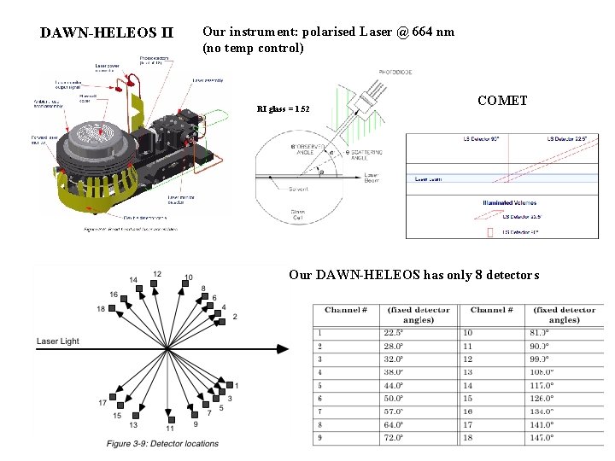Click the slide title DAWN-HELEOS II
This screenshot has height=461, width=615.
[x=107, y=33]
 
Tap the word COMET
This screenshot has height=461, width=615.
[x=502, y=101]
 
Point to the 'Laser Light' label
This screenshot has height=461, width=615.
[x=58, y=341]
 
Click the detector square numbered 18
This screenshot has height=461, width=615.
[x=114, y=308]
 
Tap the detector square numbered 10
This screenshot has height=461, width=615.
[x=187, y=288]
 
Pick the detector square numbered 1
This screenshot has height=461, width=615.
[x=228, y=384]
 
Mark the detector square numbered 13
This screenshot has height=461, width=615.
[x=134, y=414]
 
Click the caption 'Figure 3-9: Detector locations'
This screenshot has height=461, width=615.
[x=162, y=443]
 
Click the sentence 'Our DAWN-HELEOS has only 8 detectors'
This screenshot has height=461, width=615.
[x=414, y=275]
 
